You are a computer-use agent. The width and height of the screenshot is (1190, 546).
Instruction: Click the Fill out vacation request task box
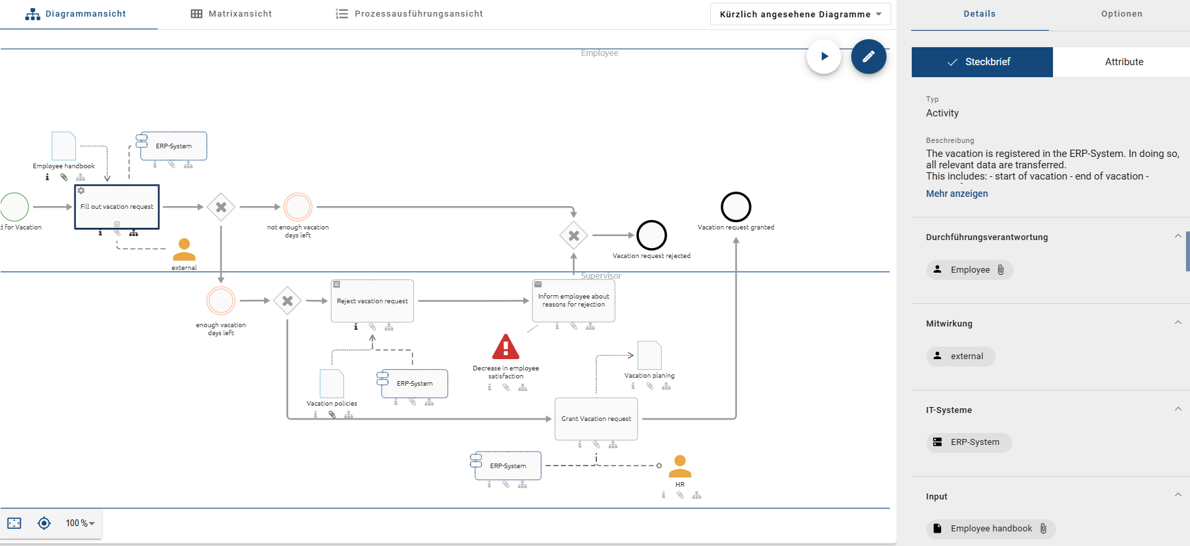tap(117, 207)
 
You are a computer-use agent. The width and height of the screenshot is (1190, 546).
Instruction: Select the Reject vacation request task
tap(372, 301)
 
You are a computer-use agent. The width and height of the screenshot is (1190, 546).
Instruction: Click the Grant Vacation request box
tap(596, 419)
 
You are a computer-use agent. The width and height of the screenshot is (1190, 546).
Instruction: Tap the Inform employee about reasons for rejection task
tap(574, 301)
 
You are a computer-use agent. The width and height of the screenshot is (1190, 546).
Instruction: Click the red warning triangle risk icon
tap(506, 347)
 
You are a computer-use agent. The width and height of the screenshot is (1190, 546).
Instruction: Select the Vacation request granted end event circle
tap(736, 207)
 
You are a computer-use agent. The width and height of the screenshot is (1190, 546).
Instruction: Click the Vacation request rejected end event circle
tap(652, 235)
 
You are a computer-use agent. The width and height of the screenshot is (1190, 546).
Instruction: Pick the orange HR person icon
tap(680, 466)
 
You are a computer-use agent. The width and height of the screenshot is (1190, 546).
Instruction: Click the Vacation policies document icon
tap(331, 384)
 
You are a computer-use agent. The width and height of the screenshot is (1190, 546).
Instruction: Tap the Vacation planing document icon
tap(649, 356)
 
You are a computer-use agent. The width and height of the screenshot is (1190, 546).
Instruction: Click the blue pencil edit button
tap(869, 57)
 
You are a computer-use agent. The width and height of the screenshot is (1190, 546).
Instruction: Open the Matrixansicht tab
tap(232, 14)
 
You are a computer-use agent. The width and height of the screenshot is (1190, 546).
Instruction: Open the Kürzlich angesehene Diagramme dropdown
tap(800, 14)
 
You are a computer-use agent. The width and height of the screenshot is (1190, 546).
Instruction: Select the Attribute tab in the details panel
tap(1123, 62)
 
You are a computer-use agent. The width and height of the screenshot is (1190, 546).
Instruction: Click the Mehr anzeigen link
tap(956, 194)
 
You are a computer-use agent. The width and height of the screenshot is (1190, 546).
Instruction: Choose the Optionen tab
tap(1121, 14)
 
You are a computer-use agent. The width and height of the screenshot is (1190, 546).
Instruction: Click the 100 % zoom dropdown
tap(80, 523)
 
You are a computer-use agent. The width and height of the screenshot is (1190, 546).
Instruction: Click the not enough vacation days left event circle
tap(298, 207)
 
